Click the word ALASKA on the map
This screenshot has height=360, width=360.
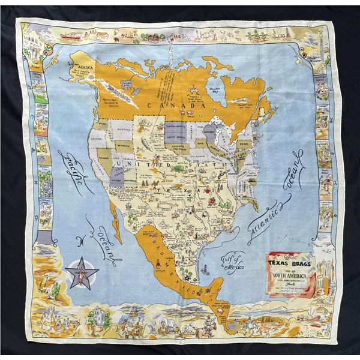point(84,68)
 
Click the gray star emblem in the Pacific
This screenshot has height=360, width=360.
point(83,273)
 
